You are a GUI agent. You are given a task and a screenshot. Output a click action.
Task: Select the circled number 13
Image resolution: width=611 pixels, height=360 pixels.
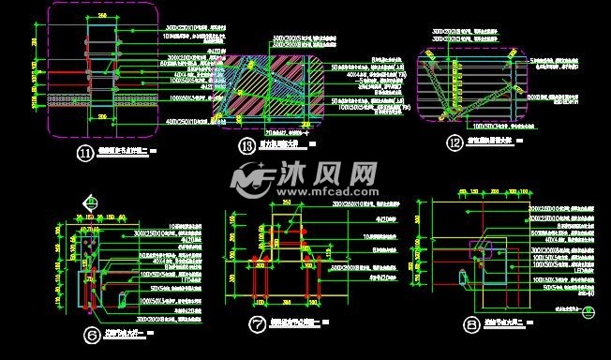[246, 145]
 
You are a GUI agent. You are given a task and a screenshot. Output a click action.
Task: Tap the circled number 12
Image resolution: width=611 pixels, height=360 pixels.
[456, 142]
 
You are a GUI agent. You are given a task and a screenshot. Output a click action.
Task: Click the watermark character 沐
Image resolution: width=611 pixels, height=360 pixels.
[292, 174]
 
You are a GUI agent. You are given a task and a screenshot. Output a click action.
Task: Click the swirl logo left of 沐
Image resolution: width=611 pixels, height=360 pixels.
[251, 178]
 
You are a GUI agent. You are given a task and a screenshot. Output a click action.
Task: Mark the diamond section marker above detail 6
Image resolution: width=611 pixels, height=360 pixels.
[91, 201]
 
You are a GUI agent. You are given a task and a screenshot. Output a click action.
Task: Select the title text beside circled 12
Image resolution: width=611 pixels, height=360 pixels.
[487, 142]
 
